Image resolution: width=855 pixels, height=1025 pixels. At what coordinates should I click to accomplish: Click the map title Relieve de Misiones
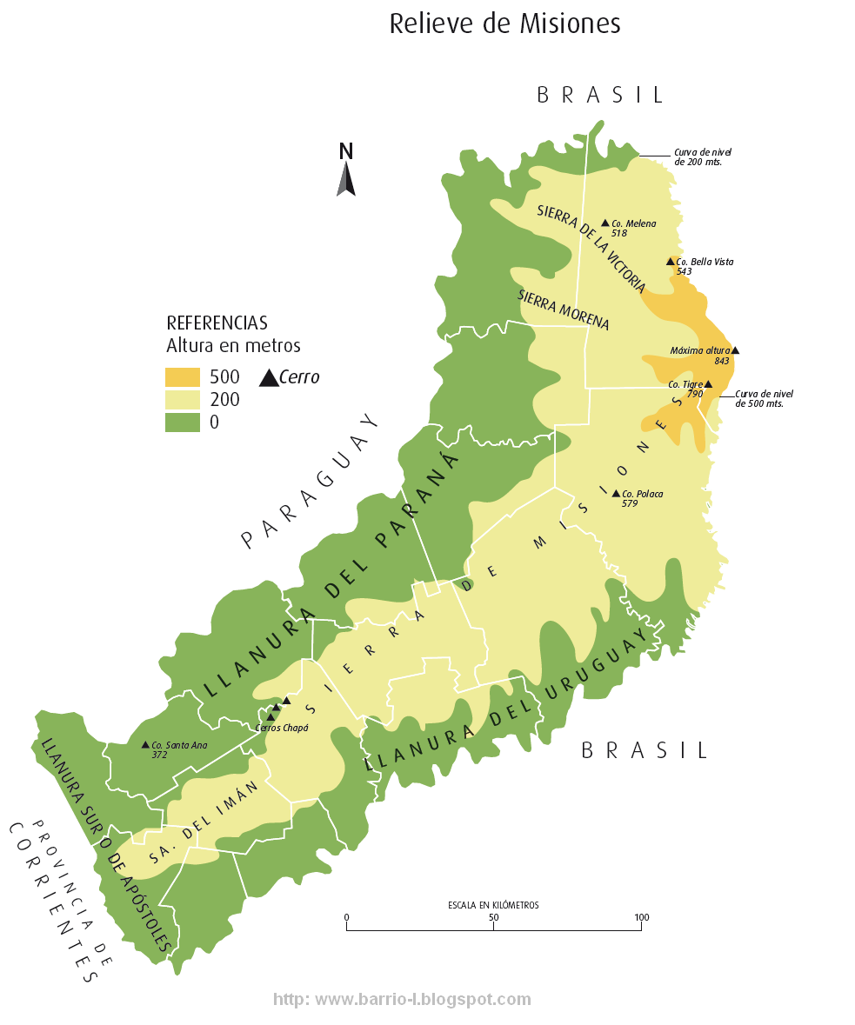click(x=504, y=23)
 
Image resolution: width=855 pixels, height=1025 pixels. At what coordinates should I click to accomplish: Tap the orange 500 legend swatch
click(x=183, y=377)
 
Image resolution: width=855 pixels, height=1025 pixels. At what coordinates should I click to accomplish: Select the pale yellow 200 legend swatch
click(x=183, y=400)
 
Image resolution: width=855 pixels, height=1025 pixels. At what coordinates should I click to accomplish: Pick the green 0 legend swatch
click(x=183, y=423)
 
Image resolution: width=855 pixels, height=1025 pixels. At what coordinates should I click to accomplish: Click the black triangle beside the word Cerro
click(x=269, y=377)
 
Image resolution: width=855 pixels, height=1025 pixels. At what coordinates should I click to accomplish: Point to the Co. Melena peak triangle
click(x=605, y=223)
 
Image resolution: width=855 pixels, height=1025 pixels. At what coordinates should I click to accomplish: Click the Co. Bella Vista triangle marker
click(x=670, y=261)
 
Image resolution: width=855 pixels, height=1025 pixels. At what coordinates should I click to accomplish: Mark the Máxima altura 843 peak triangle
click(x=735, y=350)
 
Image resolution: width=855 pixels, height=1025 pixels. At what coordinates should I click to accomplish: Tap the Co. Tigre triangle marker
click(x=708, y=383)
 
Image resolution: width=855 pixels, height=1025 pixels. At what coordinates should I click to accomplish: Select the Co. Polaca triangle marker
click(x=616, y=494)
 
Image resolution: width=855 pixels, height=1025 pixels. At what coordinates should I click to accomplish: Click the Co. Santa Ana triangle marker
click(x=145, y=744)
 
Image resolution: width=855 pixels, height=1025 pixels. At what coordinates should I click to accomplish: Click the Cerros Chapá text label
click(x=283, y=728)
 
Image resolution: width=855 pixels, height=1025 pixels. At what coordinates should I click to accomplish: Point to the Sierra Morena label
click(x=564, y=309)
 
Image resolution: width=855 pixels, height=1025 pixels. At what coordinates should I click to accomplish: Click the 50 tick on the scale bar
click(x=494, y=927)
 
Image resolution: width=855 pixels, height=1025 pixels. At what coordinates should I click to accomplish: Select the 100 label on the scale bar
click(x=641, y=917)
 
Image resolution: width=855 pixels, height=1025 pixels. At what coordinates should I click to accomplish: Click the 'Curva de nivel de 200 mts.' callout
click(x=698, y=156)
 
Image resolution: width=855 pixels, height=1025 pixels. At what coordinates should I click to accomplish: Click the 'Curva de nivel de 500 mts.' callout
click(x=764, y=398)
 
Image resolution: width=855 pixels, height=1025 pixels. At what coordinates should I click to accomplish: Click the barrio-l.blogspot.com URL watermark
click(x=402, y=1000)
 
